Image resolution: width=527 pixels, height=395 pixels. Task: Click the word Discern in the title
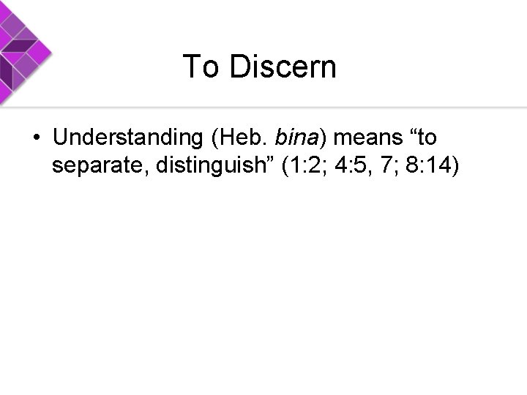coord(283,67)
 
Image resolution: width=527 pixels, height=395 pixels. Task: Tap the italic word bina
coord(296,138)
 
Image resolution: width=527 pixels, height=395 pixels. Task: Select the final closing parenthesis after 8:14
coord(457,167)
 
